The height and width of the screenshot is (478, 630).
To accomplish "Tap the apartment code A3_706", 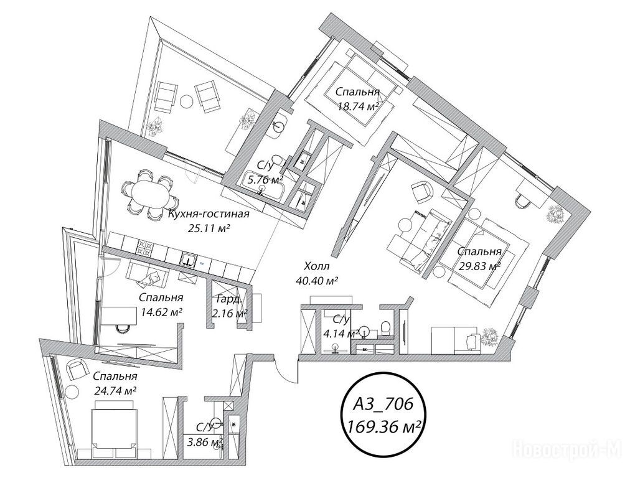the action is click(x=382, y=405).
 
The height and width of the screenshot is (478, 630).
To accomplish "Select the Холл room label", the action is click(x=317, y=266).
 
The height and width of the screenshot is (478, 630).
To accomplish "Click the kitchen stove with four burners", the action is click(x=143, y=247).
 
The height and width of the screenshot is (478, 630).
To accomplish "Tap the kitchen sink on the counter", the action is click(x=188, y=260).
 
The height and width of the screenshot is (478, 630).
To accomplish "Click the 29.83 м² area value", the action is click(x=479, y=266).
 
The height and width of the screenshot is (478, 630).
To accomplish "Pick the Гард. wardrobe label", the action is click(x=229, y=299).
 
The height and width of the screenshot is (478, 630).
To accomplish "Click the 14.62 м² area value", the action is click(x=161, y=311).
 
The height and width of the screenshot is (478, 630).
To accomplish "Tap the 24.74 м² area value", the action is click(x=115, y=390).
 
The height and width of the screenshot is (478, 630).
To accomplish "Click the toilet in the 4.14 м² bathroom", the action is click(x=385, y=327).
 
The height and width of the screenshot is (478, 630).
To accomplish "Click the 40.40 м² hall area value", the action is click(x=316, y=280).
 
